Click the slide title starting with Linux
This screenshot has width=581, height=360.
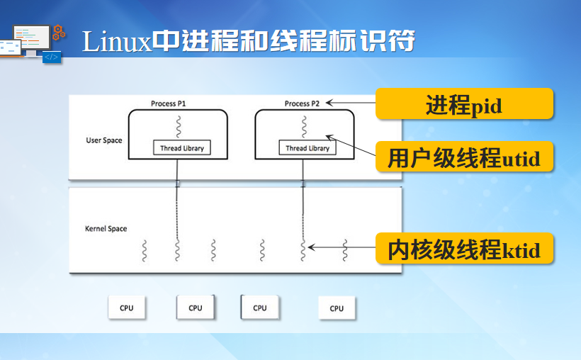point(248,41)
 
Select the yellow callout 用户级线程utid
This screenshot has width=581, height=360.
point(463,157)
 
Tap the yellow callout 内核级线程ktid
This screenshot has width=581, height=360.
point(463,249)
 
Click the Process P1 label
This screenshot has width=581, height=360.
point(169,103)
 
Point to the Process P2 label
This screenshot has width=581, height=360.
point(303,103)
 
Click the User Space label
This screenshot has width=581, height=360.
point(103,140)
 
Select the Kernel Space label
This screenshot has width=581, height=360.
point(106,229)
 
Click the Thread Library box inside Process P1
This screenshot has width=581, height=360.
point(182,148)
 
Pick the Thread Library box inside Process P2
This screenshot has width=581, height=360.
point(308,148)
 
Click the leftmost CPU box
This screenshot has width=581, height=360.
point(126,308)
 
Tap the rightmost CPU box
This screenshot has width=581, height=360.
point(337,308)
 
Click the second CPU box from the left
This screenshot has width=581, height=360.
point(195,308)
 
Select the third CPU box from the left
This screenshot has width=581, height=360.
point(260,308)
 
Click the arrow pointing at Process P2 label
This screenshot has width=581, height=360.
point(350,103)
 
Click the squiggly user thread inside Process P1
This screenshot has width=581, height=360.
point(178,125)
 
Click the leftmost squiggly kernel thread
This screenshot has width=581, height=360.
point(145,249)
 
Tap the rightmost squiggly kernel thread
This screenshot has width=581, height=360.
point(345,249)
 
